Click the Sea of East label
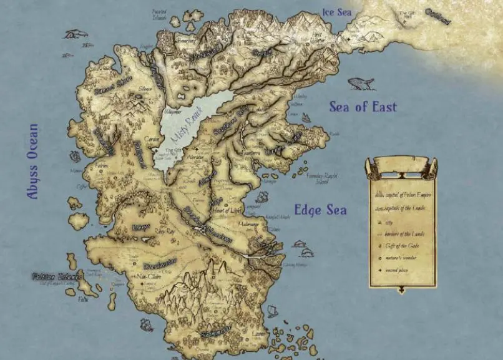(x=363, y=107)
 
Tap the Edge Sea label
(x=320, y=210)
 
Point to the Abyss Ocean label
(x=32, y=162)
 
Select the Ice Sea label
(x=337, y=11)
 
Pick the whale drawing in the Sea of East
(x=361, y=83)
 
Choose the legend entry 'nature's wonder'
(x=405, y=258)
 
